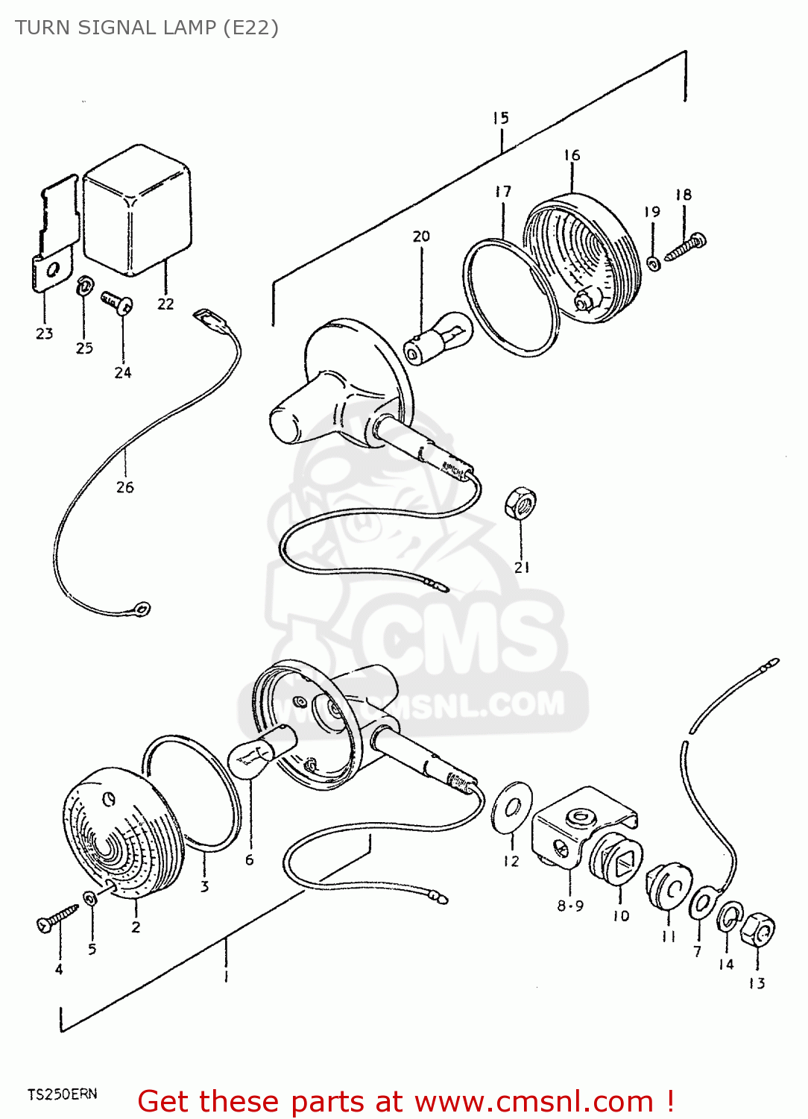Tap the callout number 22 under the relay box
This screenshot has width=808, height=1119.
tap(165, 304)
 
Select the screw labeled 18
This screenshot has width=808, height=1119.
tap(685, 248)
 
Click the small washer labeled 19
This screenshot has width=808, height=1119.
tap(654, 263)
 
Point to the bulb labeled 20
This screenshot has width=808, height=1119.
tap(438, 339)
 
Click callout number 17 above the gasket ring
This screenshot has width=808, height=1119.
tap(503, 192)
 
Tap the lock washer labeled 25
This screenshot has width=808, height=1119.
tap(84, 285)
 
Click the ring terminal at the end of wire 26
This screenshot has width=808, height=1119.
tap(142, 609)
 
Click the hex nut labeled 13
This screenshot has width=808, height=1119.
tap(757, 930)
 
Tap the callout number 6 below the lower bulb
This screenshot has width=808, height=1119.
tap(249, 860)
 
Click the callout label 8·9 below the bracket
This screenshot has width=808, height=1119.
tap(570, 906)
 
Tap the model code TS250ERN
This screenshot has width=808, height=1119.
tap(63, 1094)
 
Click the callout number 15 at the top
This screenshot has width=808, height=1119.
tap(500, 118)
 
